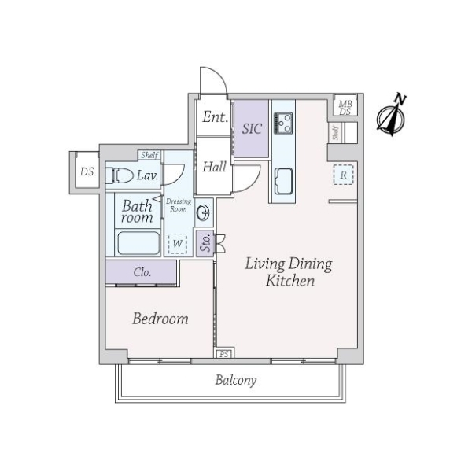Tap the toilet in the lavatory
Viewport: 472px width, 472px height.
120,175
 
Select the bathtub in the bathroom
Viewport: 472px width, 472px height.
138,243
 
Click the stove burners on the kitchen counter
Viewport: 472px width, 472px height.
283,124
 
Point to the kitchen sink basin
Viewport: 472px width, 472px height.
283,181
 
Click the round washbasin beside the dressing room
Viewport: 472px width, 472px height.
204,213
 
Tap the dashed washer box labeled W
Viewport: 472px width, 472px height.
178,244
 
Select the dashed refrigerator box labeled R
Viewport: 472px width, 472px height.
344,175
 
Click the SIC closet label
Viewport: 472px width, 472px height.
252,129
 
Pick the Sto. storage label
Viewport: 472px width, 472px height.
205,242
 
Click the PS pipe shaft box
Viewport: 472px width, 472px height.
224,354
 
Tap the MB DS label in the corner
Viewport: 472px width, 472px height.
345,108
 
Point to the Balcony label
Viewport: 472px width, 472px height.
236,380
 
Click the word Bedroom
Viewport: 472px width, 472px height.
160,319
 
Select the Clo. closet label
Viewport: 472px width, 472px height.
142,272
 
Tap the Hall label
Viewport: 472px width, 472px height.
214,167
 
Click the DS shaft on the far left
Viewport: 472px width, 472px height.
87,171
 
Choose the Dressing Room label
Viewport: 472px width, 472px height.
179,205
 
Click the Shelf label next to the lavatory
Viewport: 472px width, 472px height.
149,155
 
